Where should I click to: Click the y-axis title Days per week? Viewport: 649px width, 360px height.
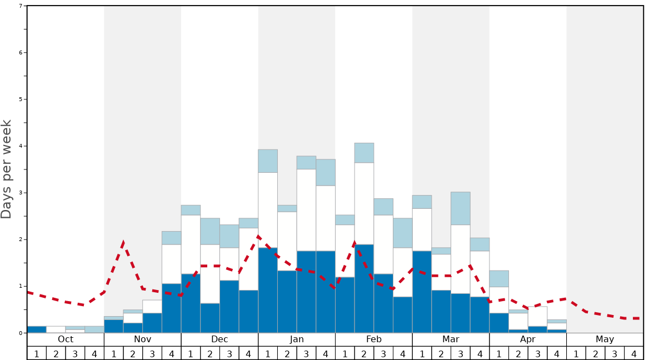click(x=7, y=169)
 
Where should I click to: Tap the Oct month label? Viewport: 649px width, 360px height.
click(x=66, y=339)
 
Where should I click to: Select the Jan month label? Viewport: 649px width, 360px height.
click(x=297, y=339)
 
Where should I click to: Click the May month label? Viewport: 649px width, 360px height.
click(x=605, y=339)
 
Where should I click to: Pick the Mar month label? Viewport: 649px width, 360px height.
click(x=451, y=339)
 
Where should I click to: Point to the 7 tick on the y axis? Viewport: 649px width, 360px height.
click(x=21, y=6)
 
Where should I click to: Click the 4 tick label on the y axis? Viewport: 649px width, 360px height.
click(x=21, y=146)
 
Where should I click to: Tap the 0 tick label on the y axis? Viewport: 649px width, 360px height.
click(x=21, y=333)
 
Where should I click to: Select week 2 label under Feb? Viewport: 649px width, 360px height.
click(x=364, y=353)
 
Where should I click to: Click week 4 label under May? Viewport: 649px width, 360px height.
click(x=634, y=353)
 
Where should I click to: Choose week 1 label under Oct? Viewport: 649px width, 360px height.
click(x=37, y=353)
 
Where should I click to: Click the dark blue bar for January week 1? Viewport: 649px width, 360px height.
click(x=268, y=290)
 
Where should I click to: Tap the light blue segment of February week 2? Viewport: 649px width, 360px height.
click(x=364, y=153)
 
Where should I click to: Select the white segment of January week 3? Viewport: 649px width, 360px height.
click(x=306, y=210)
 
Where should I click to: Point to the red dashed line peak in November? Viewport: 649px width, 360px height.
click(x=123, y=242)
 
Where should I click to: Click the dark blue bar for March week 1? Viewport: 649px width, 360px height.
click(x=422, y=292)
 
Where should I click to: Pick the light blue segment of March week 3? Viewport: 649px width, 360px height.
click(x=461, y=208)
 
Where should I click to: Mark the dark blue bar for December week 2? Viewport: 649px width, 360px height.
click(x=210, y=318)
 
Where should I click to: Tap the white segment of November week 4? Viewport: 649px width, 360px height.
click(x=171, y=264)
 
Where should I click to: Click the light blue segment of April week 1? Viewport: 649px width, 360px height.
click(x=499, y=279)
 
